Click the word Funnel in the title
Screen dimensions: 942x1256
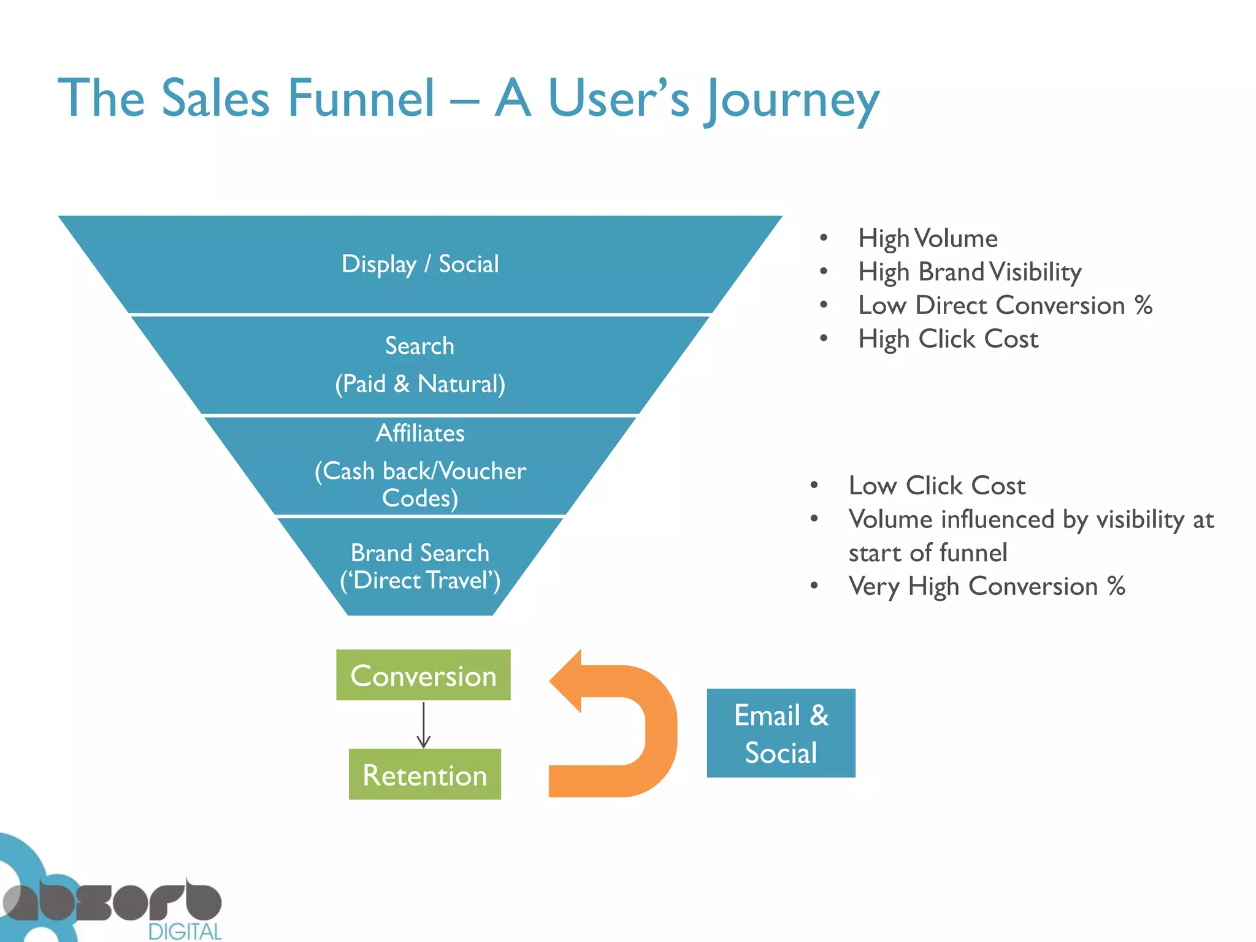(361, 98)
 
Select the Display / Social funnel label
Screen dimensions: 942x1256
(420, 264)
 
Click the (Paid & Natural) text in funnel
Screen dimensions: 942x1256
(420, 384)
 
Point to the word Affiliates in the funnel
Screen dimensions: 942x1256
(420, 434)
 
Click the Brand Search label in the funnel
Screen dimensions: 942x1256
(420, 553)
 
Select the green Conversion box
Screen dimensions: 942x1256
(423, 675)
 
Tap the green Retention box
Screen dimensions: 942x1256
(424, 775)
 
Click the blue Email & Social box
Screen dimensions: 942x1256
(781, 733)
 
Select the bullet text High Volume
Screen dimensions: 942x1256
(927, 239)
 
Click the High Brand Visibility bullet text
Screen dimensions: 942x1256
(969, 272)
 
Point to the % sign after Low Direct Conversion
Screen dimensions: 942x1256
(1143, 305)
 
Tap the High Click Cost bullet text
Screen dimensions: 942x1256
(948, 339)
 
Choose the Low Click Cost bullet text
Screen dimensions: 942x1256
(936, 486)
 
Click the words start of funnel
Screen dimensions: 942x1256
(927, 553)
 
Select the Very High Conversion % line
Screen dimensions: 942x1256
(986, 586)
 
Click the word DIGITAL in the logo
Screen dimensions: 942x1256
(185, 932)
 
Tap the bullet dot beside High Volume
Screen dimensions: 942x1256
(824, 238)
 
